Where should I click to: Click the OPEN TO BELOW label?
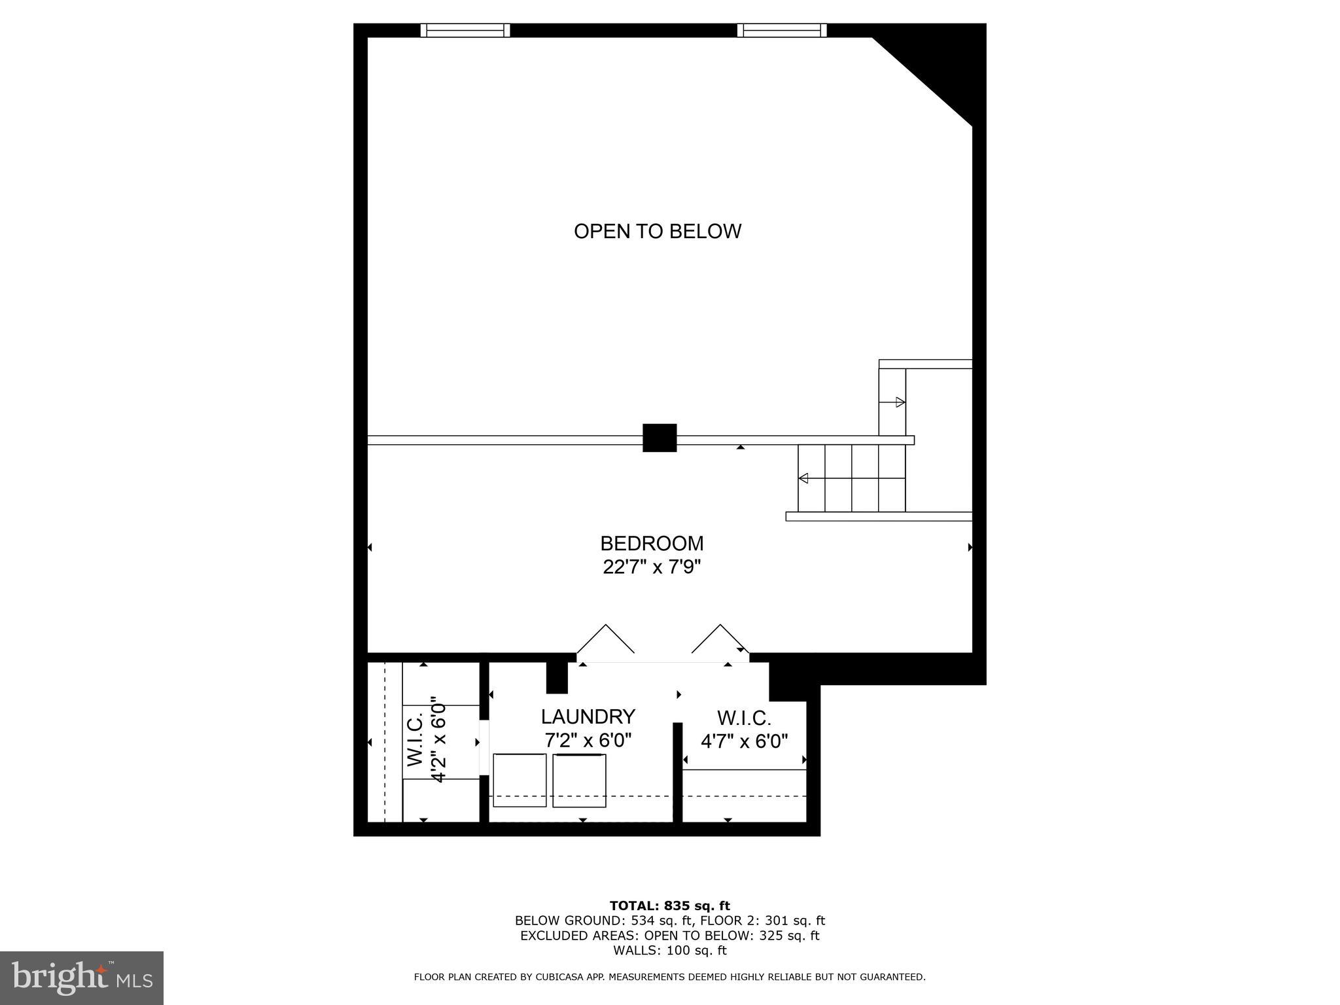(657, 232)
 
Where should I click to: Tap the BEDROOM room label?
(652, 544)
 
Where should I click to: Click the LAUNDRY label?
(588, 717)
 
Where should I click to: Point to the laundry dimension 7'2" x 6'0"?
(588, 741)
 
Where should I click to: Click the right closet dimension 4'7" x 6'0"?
(744, 741)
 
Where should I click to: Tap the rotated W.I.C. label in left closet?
(417, 740)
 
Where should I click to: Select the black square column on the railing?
(660, 438)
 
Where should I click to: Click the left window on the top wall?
(465, 30)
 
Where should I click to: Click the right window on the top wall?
(782, 30)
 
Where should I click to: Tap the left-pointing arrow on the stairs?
(803, 478)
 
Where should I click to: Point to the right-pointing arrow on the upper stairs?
(900, 402)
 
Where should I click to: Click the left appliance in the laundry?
(520, 780)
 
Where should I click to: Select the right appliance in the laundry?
(579, 781)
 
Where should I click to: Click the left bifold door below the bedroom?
(605, 639)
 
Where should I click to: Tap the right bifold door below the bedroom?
(720, 639)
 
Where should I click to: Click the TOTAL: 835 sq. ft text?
(669, 906)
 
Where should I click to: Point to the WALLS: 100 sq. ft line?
(669, 951)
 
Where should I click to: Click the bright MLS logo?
(82, 978)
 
